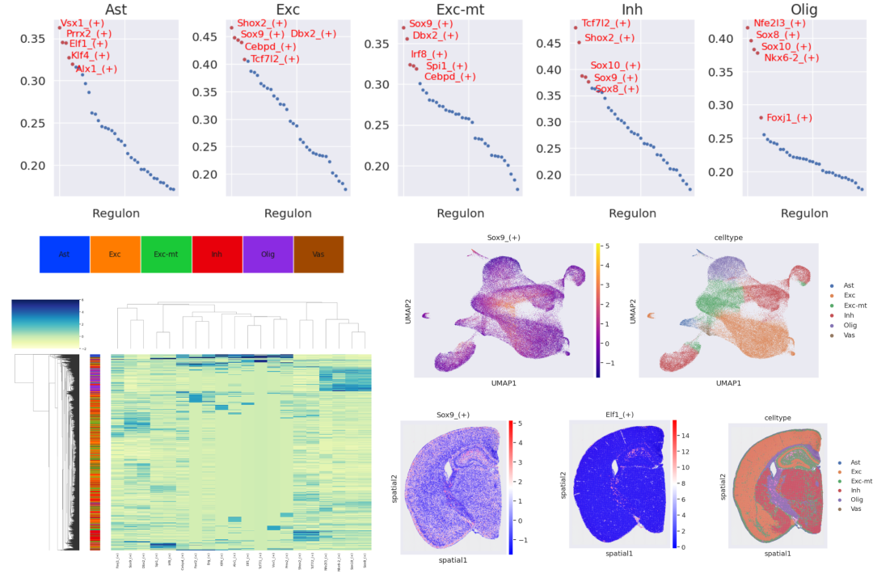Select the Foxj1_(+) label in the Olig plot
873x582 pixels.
coord(789,118)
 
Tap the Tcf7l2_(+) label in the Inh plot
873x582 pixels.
coord(609,23)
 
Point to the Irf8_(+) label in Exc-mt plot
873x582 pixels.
coord(429,54)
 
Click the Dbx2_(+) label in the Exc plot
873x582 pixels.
coord(314,34)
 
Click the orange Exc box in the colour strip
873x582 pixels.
coord(115,254)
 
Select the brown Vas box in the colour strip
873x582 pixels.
coord(318,254)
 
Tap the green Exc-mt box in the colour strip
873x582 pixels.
coord(166,254)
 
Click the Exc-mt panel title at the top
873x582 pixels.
coord(460,9)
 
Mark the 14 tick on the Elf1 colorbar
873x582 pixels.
coord(685,435)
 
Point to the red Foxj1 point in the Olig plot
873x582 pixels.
coord(760,118)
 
